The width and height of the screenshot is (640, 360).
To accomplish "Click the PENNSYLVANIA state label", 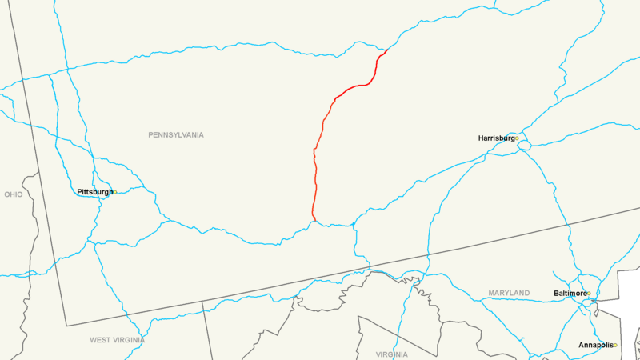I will (x=176, y=135).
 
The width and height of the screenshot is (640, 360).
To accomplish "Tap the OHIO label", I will (x=14, y=194).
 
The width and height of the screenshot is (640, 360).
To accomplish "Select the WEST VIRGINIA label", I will (x=117, y=340).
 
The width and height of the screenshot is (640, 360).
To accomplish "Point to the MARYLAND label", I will (x=509, y=294).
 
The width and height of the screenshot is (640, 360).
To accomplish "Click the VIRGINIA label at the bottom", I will (x=391, y=354).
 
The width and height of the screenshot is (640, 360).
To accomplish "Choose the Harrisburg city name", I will (x=496, y=138).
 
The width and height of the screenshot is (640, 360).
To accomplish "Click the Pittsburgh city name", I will (x=94, y=192).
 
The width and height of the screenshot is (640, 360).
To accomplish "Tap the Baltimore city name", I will (x=569, y=294).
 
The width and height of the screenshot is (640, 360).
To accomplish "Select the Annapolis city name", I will (x=595, y=346).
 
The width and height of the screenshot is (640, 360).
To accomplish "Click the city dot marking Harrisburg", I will (x=517, y=138).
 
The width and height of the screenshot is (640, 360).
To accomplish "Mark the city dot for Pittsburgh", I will (x=115, y=192).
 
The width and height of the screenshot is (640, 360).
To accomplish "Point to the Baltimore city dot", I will (x=589, y=294).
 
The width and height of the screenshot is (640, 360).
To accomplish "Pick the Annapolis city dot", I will (x=615, y=346).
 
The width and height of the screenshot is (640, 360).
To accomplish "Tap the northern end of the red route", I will (x=388, y=50).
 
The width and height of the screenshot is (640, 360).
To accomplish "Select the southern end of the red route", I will (x=316, y=221).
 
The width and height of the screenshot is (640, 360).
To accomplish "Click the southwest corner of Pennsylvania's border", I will (x=66, y=326).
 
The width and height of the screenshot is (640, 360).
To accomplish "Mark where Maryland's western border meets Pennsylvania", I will (x=202, y=302).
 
